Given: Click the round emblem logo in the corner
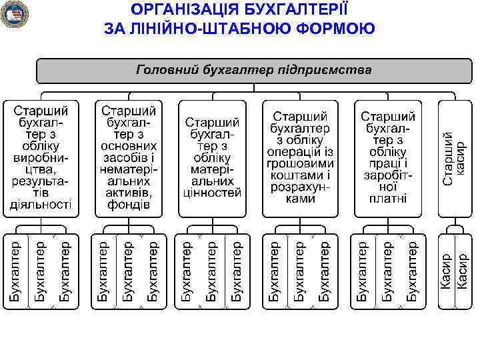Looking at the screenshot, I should click(x=14, y=15).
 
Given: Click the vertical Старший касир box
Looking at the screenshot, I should click(x=455, y=157).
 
